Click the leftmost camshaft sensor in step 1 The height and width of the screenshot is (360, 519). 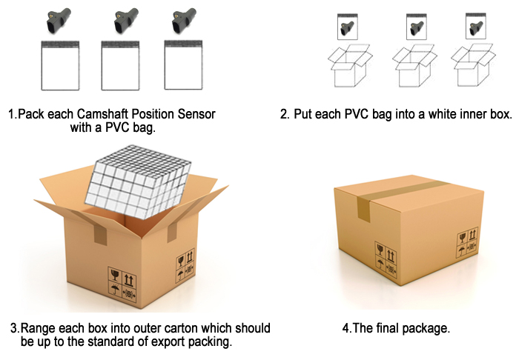(x=59, y=21)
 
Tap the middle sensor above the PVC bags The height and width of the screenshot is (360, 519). (x=126, y=21)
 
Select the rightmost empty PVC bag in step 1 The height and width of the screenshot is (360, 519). (x=183, y=65)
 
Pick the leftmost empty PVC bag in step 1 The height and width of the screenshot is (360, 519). (x=60, y=65)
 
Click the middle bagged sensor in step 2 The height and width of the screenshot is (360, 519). (x=417, y=27)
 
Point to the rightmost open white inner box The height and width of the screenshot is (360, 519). (x=473, y=65)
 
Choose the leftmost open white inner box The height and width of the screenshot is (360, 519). (x=350, y=65)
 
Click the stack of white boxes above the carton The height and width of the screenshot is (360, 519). (x=139, y=181)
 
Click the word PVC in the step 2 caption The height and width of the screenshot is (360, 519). (x=357, y=114)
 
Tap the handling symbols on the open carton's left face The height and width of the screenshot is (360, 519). (x=122, y=284)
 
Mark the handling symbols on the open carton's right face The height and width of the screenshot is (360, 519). (x=185, y=265)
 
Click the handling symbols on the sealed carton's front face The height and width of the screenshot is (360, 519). (x=386, y=259)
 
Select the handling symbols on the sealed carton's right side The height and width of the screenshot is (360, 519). (x=468, y=242)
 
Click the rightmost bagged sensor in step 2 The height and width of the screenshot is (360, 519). (x=476, y=26)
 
